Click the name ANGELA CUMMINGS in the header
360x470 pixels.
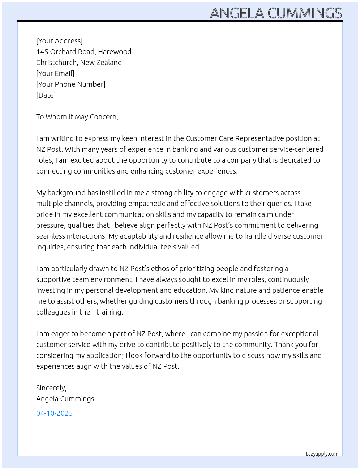tap(276, 13)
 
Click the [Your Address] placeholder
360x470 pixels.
tap(59, 41)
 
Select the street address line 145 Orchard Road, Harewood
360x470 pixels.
tap(84, 52)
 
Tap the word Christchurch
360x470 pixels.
tap(57, 63)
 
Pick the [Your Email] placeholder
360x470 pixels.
tap(55, 73)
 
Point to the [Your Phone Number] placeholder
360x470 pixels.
tap(71, 84)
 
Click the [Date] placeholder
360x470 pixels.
tap(46, 95)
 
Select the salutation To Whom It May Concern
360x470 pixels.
tap(77, 117)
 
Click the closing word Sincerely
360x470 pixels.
tap(51, 388)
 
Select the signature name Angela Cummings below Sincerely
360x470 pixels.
tap(65, 399)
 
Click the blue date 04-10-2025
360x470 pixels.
tap(54, 413)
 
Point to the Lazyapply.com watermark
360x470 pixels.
tap(322, 454)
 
